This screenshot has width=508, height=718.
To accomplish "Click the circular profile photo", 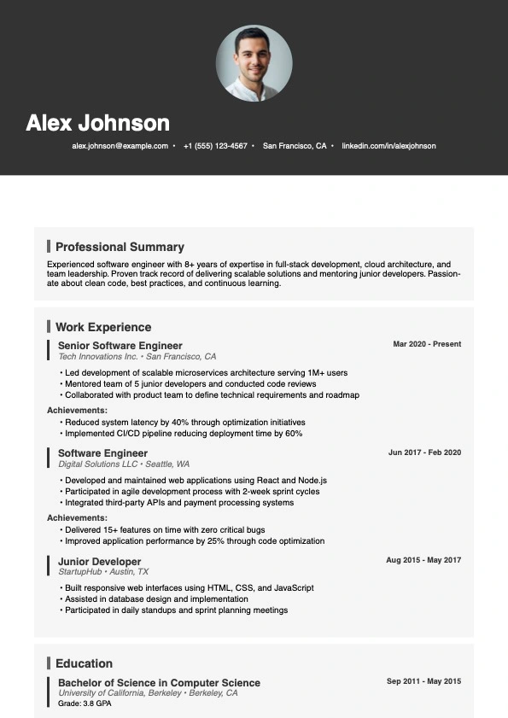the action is [x=254, y=63].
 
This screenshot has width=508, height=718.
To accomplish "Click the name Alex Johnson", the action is [x=97, y=123].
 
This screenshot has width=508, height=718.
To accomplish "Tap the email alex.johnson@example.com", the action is [x=120, y=146].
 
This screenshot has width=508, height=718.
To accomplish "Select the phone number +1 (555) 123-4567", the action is [x=215, y=146].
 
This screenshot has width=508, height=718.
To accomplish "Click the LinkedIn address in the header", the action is [x=388, y=146].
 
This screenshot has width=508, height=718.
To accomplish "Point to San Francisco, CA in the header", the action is [x=295, y=146].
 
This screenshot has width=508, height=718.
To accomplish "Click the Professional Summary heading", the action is [x=120, y=247].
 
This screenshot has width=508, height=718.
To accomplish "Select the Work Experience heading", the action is [x=103, y=327].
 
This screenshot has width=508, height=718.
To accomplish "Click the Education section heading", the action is [x=84, y=663].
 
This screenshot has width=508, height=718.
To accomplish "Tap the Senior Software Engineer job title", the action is [x=120, y=345].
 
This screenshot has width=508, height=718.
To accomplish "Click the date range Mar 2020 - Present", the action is [x=427, y=344].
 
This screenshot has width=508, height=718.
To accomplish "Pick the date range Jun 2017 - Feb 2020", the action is [x=424, y=452].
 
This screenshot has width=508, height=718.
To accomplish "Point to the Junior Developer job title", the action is [x=99, y=562].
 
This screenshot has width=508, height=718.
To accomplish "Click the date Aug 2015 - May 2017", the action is [x=423, y=560].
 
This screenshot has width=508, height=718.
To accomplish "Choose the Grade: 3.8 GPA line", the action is [x=85, y=703].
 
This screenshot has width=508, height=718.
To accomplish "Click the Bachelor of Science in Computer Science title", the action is [x=159, y=683].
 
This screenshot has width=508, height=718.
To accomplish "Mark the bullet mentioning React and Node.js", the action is [x=196, y=481].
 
